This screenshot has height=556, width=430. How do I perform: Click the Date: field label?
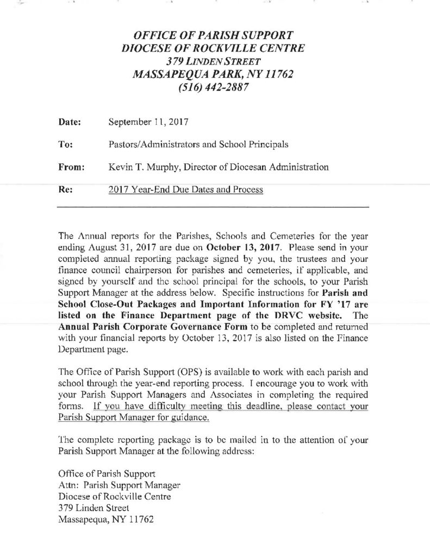pos(70,122)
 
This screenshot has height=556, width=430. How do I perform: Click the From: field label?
pos(71,168)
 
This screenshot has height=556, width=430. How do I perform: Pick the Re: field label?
pos(65,191)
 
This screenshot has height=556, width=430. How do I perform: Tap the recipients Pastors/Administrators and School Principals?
pos(198,145)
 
